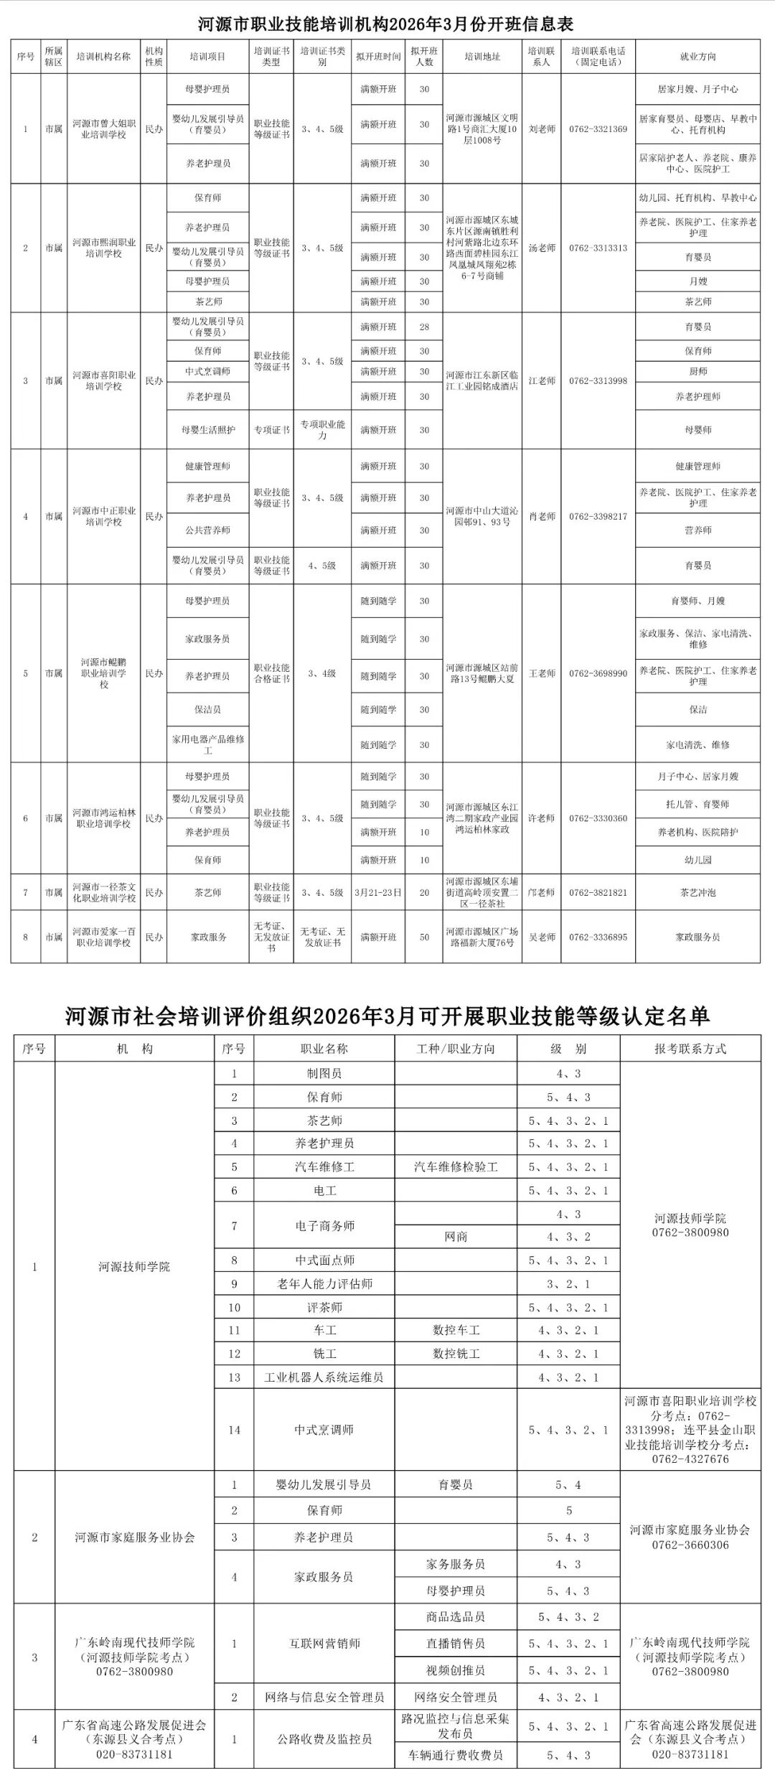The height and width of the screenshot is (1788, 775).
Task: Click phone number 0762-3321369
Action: click(x=598, y=129)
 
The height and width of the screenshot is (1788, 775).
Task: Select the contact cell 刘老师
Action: click(x=542, y=129)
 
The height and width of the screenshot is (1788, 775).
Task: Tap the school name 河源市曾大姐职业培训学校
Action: click(x=103, y=129)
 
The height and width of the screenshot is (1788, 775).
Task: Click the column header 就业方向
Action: click(x=697, y=57)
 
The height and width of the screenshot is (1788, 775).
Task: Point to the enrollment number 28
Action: click(x=424, y=327)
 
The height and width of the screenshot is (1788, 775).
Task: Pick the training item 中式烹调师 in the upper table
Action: click(x=208, y=371)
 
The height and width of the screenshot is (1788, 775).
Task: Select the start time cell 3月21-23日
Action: click(x=378, y=892)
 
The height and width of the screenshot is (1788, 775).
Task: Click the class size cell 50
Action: click(x=424, y=937)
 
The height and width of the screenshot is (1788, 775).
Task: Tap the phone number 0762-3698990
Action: click(x=598, y=673)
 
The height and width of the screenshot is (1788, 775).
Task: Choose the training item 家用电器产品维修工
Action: click(x=208, y=744)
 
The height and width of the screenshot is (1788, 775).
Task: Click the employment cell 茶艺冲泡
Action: click(x=697, y=892)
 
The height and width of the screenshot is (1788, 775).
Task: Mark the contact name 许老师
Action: click(x=542, y=818)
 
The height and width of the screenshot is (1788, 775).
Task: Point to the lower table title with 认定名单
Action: click(x=387, y=1016)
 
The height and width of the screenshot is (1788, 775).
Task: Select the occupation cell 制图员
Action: click(x=324, y=1074)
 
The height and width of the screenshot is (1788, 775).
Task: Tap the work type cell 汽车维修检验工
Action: click(x=456, y=1167)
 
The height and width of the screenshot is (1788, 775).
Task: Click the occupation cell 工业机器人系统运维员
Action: click(x=324, y=1377)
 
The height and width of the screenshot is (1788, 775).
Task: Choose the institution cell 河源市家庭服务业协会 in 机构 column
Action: click(x=135, y=1537)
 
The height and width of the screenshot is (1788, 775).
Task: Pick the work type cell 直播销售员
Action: click(x=456, y=1644)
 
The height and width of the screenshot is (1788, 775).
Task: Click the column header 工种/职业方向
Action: click(x=456, y=1049)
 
